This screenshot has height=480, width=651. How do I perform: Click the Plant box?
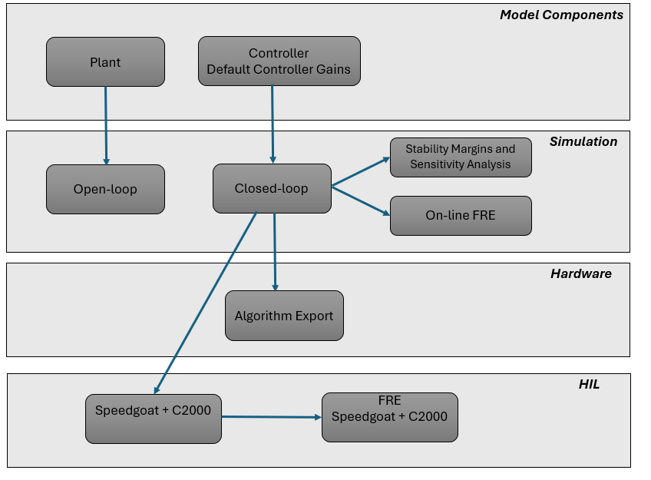[105, 62]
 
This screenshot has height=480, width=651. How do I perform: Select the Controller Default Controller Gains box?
[279, 61]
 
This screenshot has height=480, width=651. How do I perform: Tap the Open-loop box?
[105, 190]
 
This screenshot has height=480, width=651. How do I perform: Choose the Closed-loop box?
[272, 188]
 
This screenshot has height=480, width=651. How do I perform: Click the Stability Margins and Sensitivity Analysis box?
[461, 157]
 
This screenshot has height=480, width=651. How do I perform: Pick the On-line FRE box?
[461, 216]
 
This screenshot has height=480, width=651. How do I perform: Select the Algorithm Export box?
[284, 316]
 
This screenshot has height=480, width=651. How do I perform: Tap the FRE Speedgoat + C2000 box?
[390, 417]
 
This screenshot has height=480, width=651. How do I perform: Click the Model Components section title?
[561, 15]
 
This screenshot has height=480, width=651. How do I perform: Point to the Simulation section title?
[583, 141]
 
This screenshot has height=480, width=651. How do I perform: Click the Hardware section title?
[581, 273]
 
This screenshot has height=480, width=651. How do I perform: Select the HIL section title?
[589, 385]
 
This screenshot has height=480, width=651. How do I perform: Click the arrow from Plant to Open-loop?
[106, 126]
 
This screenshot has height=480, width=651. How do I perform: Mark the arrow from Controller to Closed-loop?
[273, 124]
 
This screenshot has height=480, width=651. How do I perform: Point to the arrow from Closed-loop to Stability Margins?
[361, 171]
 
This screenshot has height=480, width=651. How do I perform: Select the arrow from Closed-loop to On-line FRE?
[361, 201]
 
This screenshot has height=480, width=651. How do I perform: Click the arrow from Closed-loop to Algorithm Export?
[275, 252]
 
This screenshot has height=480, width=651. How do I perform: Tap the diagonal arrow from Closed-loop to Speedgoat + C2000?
[205, 303]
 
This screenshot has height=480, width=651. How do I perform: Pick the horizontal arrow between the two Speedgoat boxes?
[272, 417]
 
